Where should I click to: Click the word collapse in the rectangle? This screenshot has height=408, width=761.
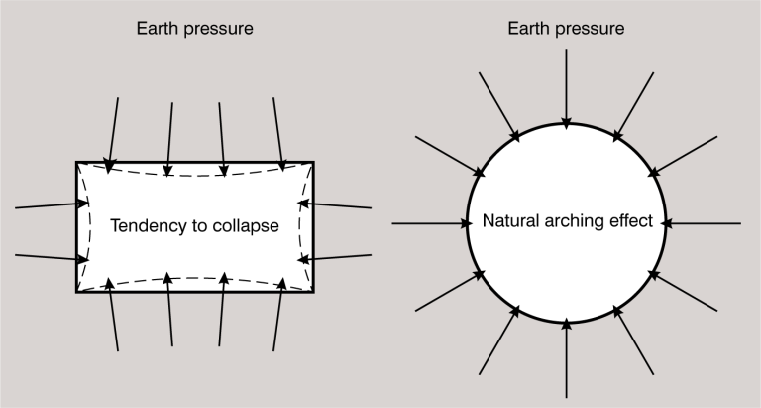click(248, 225)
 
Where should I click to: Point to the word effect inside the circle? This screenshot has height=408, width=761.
click(630, 222)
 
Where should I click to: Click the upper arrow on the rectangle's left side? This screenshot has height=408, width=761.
click(46, 206)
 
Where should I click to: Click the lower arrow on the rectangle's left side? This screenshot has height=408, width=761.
click(46, 257)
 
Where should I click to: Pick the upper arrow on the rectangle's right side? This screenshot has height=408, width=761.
click(340, 205)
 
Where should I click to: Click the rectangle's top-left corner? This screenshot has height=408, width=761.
click(77, 162)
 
